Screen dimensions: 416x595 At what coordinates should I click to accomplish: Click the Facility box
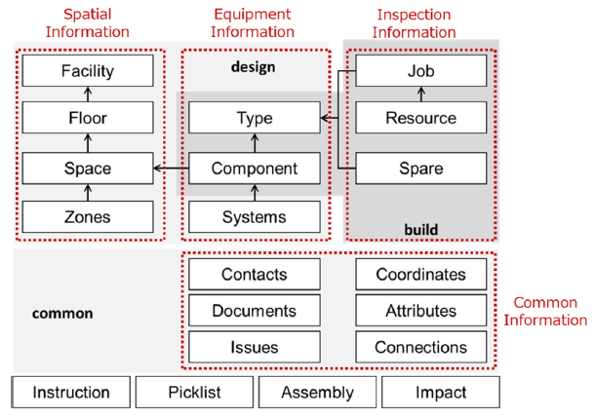(87, 70)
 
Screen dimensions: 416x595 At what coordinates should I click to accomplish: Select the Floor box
(87, 118)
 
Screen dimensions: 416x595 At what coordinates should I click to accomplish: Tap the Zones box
(87, 216)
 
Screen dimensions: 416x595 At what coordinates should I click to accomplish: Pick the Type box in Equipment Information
(254, 118)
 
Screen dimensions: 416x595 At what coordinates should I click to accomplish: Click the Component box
(254, 168)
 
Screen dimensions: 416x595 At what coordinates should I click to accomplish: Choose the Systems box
(254, 216)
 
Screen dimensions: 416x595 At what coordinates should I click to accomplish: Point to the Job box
(420, 70)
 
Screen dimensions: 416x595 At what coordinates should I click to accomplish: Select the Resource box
(420, 118)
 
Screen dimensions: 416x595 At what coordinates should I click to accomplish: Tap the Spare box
(420, 168)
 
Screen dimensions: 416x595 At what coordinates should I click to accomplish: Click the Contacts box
(254, 275)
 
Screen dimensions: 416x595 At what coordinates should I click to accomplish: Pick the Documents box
(254, 311)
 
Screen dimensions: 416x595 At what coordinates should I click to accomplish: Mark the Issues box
(254, 347)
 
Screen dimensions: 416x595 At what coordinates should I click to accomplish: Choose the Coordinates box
(420, 275)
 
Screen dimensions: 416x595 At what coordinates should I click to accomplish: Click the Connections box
(420, 347)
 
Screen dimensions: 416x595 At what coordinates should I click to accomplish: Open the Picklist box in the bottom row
(194, 393)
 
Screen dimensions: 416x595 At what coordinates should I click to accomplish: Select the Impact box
(440, 393)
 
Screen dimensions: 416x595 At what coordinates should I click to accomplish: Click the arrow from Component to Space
(171, 168)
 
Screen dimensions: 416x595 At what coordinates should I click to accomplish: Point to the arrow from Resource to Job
(420, 94)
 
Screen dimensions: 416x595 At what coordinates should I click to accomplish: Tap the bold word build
(421, 230)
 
